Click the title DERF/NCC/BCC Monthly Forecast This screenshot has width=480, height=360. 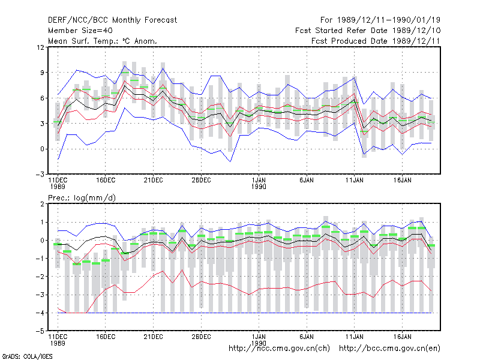112,20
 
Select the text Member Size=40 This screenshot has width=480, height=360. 80,31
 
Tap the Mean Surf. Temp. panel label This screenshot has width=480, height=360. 103,41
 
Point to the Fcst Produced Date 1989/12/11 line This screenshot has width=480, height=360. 376,41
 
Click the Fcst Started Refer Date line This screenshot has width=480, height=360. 368,31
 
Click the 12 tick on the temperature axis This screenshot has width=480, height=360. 40,47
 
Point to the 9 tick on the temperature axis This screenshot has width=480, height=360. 42,73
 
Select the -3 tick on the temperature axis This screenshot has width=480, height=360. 40,175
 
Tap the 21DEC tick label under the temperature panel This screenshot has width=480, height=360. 153,181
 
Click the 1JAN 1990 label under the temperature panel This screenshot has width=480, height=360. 259,184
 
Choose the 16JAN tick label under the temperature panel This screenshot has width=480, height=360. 402,181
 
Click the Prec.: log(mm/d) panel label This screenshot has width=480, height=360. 82,198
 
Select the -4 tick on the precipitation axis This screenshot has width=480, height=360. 40,313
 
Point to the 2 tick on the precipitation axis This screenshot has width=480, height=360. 42,204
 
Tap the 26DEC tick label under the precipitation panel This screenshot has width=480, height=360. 201,337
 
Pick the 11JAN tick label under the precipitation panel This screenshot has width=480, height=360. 354,337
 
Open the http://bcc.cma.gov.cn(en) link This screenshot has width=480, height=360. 389,349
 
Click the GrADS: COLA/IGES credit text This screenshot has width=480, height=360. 27,356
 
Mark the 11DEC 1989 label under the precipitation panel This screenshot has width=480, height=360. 58,340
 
